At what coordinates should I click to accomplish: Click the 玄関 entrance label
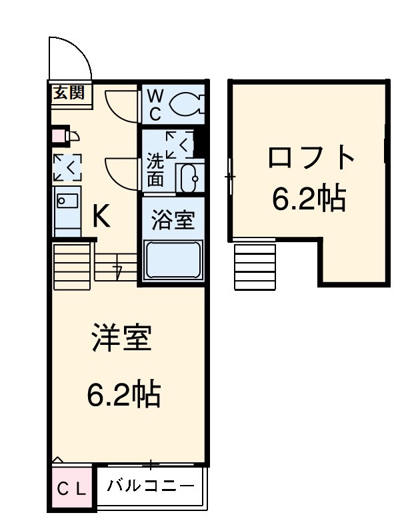pyautogui.click(x=69, y=92)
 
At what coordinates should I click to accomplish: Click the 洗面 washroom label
pyautogui.click(x=155, y=170)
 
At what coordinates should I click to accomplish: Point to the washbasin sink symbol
pyautogui.click(x=190, y=177)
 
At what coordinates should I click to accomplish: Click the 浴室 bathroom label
pyautogui.click(x=172, y=221)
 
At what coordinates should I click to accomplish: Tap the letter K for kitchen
pyautogui.click(x=101, y=215)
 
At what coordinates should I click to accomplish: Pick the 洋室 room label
pyautogui.click(x=122, y=338)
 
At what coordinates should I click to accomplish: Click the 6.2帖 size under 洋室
pyautogui.click(x=123, y=395)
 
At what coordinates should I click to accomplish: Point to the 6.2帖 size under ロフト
pyautogui.click(x=309, y=197)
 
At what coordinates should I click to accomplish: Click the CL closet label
pyautogui.click(x=71, y=489)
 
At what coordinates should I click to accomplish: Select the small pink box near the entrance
pyautogui.click(x=59, y=137)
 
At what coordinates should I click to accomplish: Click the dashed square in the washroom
pyautogui.click(x=179, y=145)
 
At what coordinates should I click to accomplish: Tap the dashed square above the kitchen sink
pyautogui.click(x=67, y=167)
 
